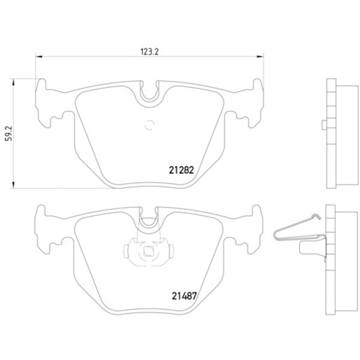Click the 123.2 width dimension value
pos(149,52)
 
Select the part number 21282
pos(181,170)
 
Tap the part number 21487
pos(184,296)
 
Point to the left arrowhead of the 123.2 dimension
pos(39,56)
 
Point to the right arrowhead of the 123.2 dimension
pos(260,56)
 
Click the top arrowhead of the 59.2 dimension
pos(13,82)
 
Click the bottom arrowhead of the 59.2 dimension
pos(13,185)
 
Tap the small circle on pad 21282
pos(149,125)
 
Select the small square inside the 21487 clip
pos(148,251)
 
